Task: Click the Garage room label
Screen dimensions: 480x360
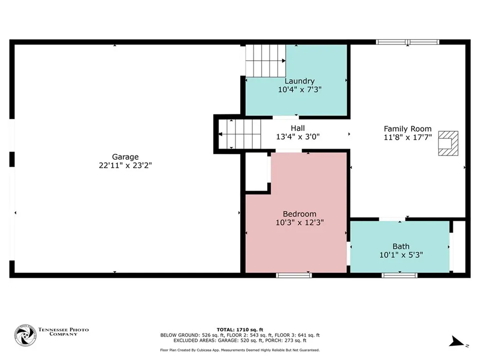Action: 125,157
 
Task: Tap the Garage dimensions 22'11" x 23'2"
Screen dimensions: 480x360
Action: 125,165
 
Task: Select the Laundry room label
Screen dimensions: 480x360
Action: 300,81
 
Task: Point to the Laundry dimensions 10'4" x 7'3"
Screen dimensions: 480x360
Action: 300,90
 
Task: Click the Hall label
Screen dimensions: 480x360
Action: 298,128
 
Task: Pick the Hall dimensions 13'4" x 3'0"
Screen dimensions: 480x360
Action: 298,136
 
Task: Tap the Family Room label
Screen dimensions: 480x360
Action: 407,129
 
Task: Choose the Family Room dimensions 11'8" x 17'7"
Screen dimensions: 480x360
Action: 408,137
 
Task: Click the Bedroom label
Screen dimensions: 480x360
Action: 300,214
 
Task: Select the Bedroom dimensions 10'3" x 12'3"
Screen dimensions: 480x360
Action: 300,222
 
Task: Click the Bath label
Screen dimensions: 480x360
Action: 401,247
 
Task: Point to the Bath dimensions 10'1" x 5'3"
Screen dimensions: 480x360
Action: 401,255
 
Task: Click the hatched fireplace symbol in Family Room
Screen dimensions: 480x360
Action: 449,143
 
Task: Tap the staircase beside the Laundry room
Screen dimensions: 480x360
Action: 266,60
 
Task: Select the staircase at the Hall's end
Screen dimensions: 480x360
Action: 240,134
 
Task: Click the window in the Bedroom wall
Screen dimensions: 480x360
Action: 294,275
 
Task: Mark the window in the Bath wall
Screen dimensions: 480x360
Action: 399,275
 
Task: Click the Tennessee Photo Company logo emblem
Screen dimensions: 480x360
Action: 25,336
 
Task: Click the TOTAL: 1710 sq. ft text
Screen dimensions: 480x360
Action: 240,330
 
